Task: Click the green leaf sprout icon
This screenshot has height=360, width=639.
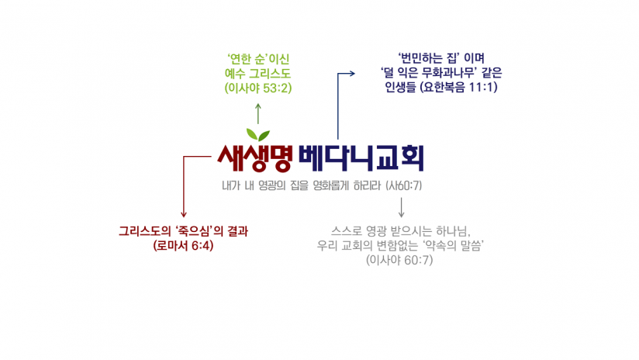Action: click(x=258, y=135)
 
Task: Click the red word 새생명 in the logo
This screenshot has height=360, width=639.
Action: click(x=255, y=158)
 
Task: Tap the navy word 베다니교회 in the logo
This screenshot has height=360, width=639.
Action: click(x=361, y=158)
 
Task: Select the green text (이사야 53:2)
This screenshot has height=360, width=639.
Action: click(x=258, y=88)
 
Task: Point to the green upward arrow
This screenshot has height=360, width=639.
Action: click(x=258, y=114)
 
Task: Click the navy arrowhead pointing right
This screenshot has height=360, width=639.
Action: click(x=351, y=74)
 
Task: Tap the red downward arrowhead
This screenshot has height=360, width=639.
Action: click(x=183, y=213)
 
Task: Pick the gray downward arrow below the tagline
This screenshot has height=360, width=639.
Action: click(x=402, y=207)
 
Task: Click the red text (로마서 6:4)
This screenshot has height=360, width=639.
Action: click(x=183, y=246)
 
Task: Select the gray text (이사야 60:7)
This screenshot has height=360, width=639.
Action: click(x=399, y=260)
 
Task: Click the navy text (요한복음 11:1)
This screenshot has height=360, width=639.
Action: click(x=458, y=87)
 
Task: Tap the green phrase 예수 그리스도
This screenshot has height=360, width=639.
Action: click(x=258, y=74)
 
